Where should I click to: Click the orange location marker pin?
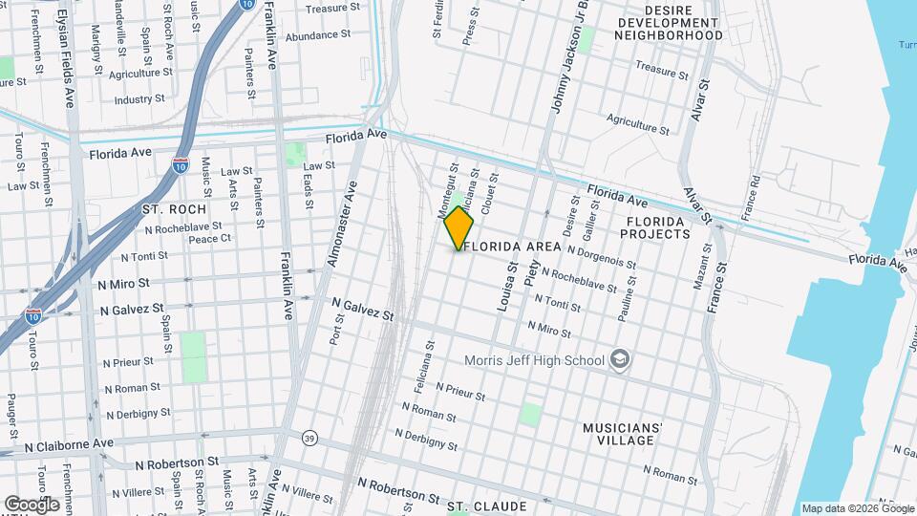[459, 227]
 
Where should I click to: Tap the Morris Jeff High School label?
[534, 360]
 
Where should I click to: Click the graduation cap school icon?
[619, 359]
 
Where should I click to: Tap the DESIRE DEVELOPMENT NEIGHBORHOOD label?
[668, 29]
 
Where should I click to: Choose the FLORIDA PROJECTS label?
[656, 227]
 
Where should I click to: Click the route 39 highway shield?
[309, 438]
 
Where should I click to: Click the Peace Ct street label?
[210, 239]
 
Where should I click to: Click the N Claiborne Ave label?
[69, 444]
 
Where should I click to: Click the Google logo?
[32, 504]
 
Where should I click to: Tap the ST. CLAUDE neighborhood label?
[487, 505]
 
